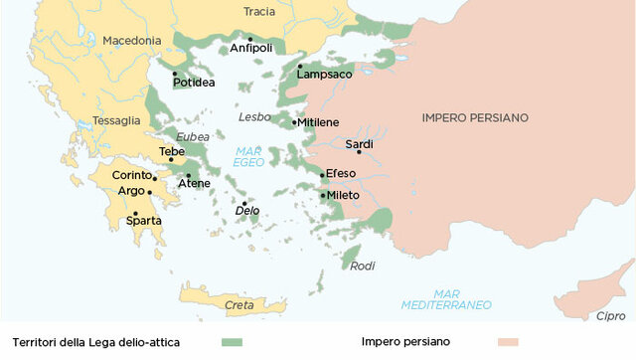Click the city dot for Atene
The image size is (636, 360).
[x=188, y=176]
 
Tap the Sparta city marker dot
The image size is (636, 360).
[x=135, y=214]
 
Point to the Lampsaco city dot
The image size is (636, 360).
[x=299, y=67]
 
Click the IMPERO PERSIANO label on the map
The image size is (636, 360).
[x=475, y=117]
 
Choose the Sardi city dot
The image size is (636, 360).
[x=359, y=152]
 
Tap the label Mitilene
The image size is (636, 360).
[x=319, y=122]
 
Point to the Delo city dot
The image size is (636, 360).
[x=244, y=203]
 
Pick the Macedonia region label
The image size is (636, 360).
[x=130, y=41]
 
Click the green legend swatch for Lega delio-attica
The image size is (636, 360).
[x=232, y=342]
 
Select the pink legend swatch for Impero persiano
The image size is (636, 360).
[x=510, y=342]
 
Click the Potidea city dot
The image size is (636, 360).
[x=174, y=74]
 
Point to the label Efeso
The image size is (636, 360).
[x=341, y=174]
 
